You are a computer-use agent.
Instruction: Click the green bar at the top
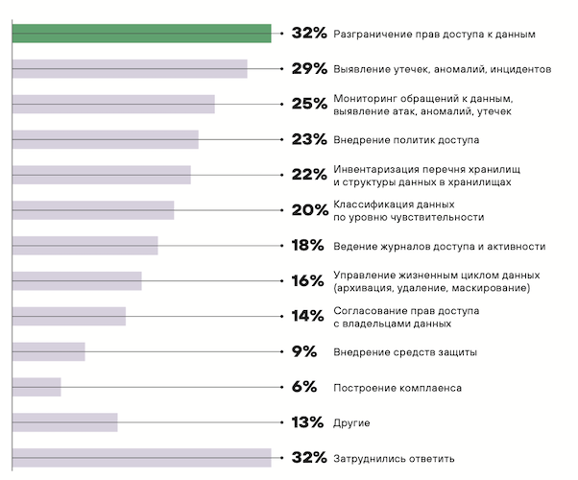pos(141,34)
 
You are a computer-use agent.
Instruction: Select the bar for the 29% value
pos(130,69)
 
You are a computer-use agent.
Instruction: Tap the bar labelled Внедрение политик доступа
pos(105,139)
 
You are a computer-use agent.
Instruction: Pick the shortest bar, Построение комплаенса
pos(36,387)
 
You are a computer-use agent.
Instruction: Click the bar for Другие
pos(64,422)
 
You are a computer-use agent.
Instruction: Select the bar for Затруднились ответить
pos(141,458)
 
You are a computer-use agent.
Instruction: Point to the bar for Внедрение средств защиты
pos(48,351)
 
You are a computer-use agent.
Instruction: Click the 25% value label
pos(309,105)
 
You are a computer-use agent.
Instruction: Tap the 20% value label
pos(309,210)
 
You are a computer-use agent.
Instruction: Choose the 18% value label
pos(308,246)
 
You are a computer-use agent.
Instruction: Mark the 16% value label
pos(308,281)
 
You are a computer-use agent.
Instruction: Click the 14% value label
pos(308,317)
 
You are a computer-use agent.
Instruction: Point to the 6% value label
pos(304,387)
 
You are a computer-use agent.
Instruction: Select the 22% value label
pos(309,175)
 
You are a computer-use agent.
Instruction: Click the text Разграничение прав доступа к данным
pos(433,34)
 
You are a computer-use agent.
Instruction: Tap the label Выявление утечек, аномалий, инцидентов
pos(442,69)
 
